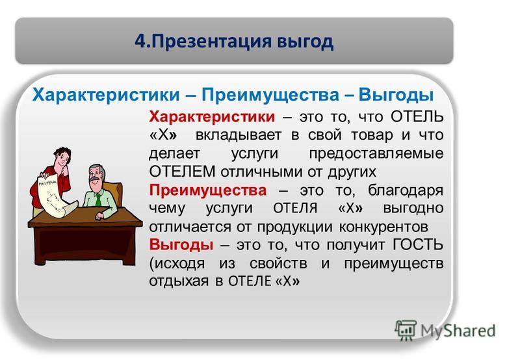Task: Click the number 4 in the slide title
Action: tap(140, 42)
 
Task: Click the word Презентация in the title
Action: tap(210, 42)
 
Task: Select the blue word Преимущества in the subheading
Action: tap(270, 95)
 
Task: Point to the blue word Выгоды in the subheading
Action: tap(396, 95)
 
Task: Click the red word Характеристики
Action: tap(212, 117)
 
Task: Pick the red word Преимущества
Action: tap(208, 190)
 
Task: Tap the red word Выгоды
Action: tap(181, 244)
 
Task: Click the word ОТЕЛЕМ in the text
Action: tap(183, 172)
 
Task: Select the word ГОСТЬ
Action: tap(418, 244)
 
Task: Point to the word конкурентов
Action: tap(383, 227)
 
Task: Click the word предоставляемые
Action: tap(376, 153)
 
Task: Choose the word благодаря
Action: tap(406, 191)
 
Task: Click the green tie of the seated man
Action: tap(99, 199)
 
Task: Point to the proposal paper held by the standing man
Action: tap(54, 198)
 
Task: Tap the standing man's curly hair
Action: tap(62, 154)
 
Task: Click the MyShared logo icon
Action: tap(405, 330)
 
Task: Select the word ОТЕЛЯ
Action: tap(295, 209)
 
